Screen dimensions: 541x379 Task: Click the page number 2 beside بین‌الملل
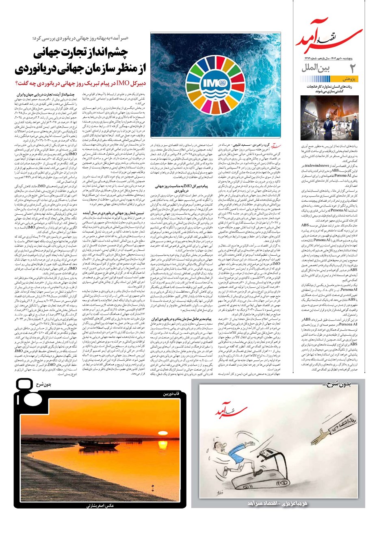pyautogui.click(x=352, y=68)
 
